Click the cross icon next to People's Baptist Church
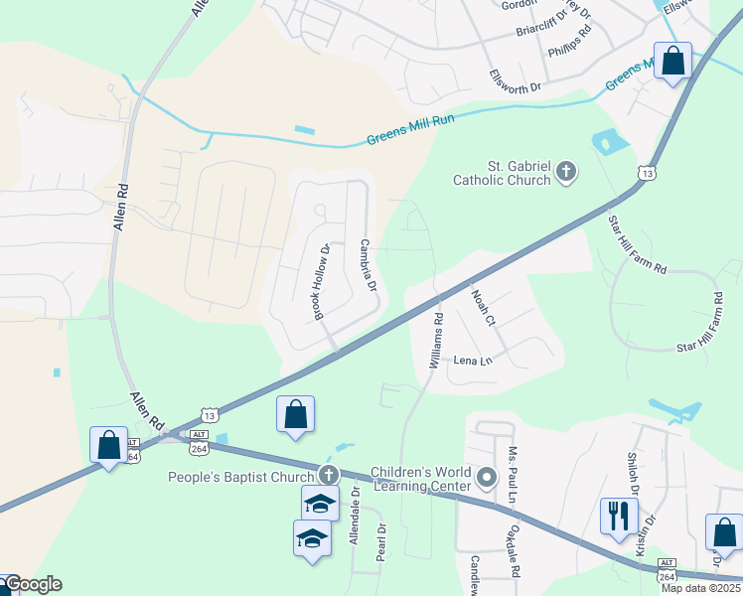(x=328, y=476)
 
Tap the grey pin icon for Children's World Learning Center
(x=487, y=479)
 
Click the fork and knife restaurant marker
(x=617, y=516)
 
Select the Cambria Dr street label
(x=367, y=265)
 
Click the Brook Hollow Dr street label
(x=321, y=281)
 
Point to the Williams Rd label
(x=436, y=342)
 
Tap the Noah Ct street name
(x=483, y=302)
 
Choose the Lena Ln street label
(x=473, y=361)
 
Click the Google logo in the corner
(x=32, y=584)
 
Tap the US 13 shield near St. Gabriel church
(x=648, y=173)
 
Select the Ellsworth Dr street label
(x=515, y=81)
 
